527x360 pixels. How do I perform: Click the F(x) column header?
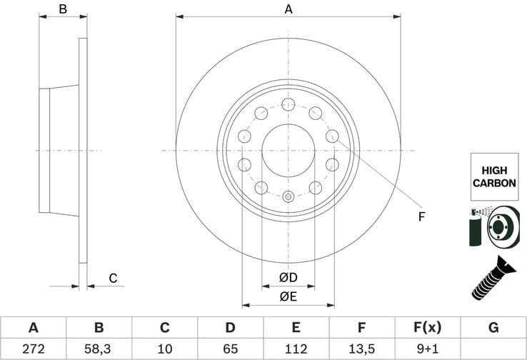click(x=428, y=328)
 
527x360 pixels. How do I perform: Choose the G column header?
click(x=493, y=328)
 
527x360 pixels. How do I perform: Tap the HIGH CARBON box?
click(x=494, y=176)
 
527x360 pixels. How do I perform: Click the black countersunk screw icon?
click(x=493, y=281)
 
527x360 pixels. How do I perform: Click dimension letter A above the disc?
click(x=288, y=9)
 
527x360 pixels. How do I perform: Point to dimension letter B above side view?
click(x=63, y=9)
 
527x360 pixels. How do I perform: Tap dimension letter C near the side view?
click(x=112, y=278)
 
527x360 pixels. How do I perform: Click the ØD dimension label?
click(x=288, y=277)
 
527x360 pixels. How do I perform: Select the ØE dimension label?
click(x=288, y=295)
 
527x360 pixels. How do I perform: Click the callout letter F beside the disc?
click(x=421, y=216)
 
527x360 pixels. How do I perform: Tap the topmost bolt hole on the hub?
click(x=288, y=105)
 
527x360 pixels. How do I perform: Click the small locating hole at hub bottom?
click(x=288, y=197)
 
